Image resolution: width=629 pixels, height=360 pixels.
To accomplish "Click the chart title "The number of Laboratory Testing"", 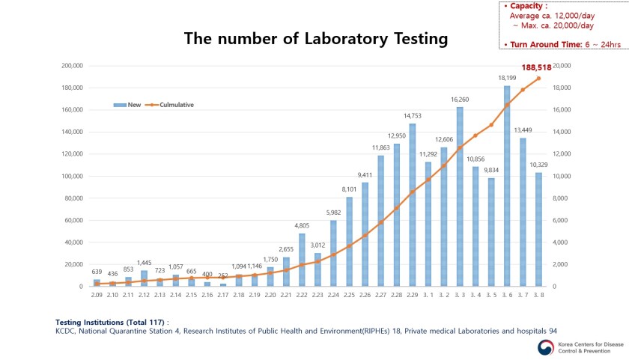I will coord(315,39).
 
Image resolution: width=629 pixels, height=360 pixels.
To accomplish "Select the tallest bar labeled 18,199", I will coord(507,187).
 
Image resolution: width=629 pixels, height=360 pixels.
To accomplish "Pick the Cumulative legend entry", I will coord(171,105).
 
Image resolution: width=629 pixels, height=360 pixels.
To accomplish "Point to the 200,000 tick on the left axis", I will coord(73,66).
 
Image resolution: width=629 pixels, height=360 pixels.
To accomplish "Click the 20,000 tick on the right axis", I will coord(561,66).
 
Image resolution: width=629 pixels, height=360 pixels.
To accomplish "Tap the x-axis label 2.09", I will coord(97,296).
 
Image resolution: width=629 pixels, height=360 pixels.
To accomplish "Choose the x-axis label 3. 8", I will coord(538,296).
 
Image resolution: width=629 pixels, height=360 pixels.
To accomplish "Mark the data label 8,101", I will coord(349,189).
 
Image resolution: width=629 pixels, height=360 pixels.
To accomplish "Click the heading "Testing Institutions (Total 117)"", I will coord(112,322).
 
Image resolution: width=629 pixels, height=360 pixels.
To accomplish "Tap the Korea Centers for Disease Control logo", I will coord(543,345).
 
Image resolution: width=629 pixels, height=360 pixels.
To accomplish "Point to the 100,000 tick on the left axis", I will coord(73,177).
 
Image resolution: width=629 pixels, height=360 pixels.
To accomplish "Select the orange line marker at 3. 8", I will coord(538,79).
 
